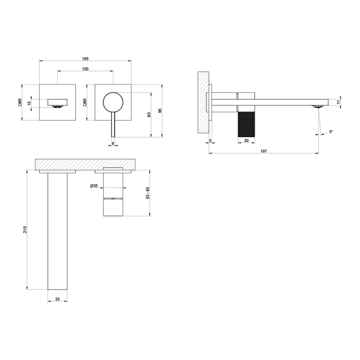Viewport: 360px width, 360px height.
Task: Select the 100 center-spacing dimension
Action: (85, 69)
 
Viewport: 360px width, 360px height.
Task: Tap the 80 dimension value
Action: (150, 114)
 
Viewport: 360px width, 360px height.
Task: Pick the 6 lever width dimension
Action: (113, 144)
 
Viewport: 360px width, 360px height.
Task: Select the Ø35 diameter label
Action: (94, 186)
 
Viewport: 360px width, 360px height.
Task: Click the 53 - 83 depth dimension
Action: (147, 193)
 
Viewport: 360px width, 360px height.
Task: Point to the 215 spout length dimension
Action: (25, 230)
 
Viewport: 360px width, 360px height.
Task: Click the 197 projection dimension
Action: (264, 151)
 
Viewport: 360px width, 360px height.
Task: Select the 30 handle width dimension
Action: (247, 141)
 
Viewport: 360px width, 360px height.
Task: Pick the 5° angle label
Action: (331, 132)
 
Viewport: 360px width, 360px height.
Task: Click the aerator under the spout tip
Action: (316, 107)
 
